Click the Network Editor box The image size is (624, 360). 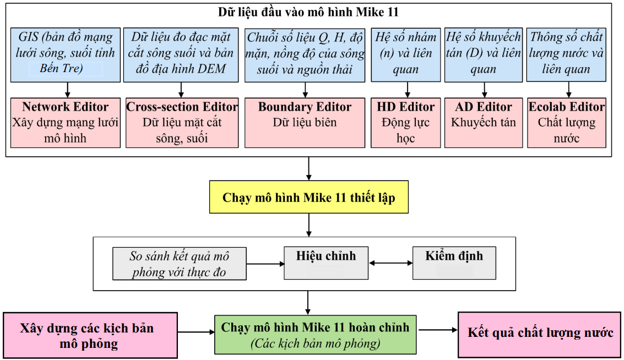(66, 123)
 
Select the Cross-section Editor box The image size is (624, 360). (182, 123)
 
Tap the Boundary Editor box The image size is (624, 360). (305, 123)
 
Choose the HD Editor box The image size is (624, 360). (405, 123)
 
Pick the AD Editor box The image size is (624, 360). (484, 123)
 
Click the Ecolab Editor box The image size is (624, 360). (567, 123)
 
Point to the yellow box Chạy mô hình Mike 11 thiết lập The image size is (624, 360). (308, 197)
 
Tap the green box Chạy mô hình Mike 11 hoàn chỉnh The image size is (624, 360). (315, 334)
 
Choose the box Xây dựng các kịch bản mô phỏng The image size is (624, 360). (90, 336)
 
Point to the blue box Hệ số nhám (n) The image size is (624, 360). (405, 54)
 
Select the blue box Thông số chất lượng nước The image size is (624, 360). (567, 54)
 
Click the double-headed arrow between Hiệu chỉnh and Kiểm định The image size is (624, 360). (390, 263)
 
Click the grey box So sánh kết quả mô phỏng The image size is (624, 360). (179, 264)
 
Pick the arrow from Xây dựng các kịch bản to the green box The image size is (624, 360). (196, 332)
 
